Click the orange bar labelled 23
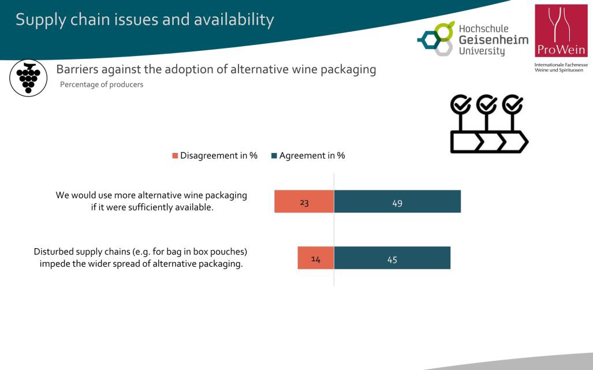[x=304, y=201]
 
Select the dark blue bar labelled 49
[x=397, y=201]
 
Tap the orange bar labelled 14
[x=316, y=258]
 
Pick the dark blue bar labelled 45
[x=392, y=258]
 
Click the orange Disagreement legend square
[x=175, y=156]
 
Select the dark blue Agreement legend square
[x=274, y=156]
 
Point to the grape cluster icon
[x=28, y=78]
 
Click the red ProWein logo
[x=561, y=31]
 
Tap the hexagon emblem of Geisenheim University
[x=436, y=39]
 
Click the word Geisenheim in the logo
[x=494, y=40]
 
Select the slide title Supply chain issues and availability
[x=145, y=20]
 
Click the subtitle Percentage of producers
[x=102, y=85]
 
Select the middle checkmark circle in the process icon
[x=486, y=104]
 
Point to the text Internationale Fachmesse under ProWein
[x=561, y=65]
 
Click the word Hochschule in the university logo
[x=484, y=28]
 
